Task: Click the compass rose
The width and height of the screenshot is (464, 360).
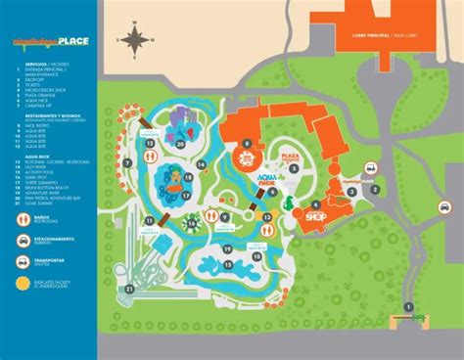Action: click(137, 39)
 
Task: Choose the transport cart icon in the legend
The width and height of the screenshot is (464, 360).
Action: click(23, 261)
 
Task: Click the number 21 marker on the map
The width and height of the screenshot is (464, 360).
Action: click(129, 288)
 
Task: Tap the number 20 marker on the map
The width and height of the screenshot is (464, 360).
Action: click(180, 144)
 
